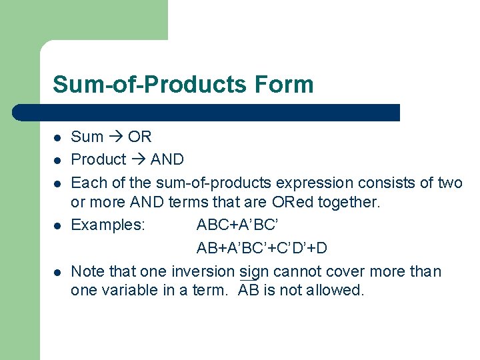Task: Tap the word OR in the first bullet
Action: click(140, 137)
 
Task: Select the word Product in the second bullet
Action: click(98, 159)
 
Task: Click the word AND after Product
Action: click(167, 159)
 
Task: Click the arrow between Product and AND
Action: click(138, 159)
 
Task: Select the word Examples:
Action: click(107, 225)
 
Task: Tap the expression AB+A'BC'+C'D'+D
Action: click(261, 248)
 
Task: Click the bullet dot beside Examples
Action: click(58, 225)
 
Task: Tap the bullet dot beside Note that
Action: click(58, 272)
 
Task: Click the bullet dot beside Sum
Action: click(58, 137)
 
